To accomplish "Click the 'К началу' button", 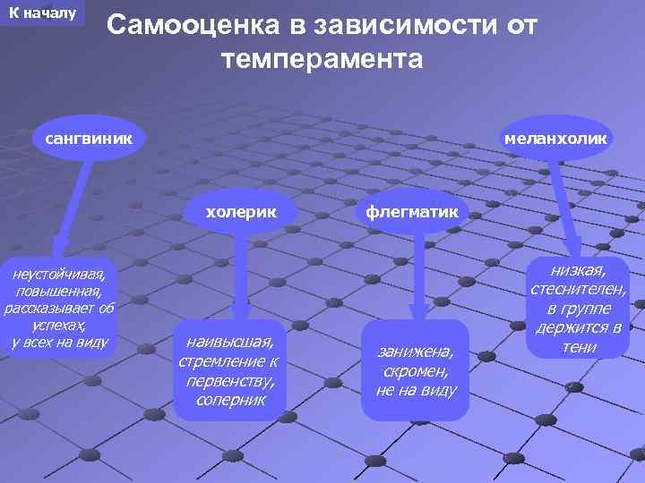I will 42,13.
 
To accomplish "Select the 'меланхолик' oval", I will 555,139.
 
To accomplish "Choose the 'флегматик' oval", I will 410,212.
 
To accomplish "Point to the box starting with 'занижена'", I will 415,369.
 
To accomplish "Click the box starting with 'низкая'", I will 579,308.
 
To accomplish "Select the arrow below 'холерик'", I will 238,277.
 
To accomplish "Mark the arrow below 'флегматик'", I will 415,277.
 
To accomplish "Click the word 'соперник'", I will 229,399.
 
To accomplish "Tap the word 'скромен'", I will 415,371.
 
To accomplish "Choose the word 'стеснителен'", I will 579,289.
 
